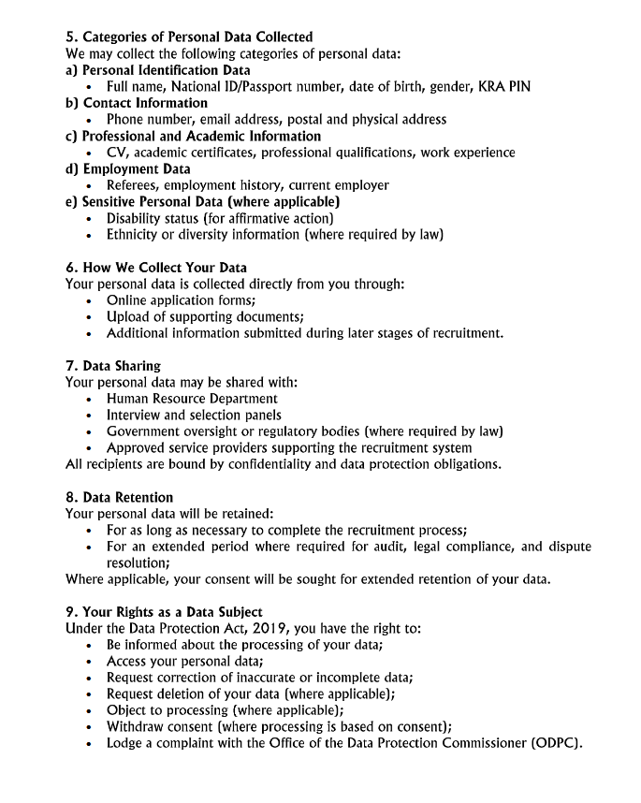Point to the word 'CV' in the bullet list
pos(115,153)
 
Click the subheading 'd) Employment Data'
pos(127,169)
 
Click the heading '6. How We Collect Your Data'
pos(155,268)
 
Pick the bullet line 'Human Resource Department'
pos(192,399)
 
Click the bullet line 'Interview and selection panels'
pos(194,416)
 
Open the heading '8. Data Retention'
pos(119,497)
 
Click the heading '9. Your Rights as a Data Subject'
pos(164,612)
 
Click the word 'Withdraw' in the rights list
pos(138,727)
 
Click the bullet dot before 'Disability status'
pos(88,219)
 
